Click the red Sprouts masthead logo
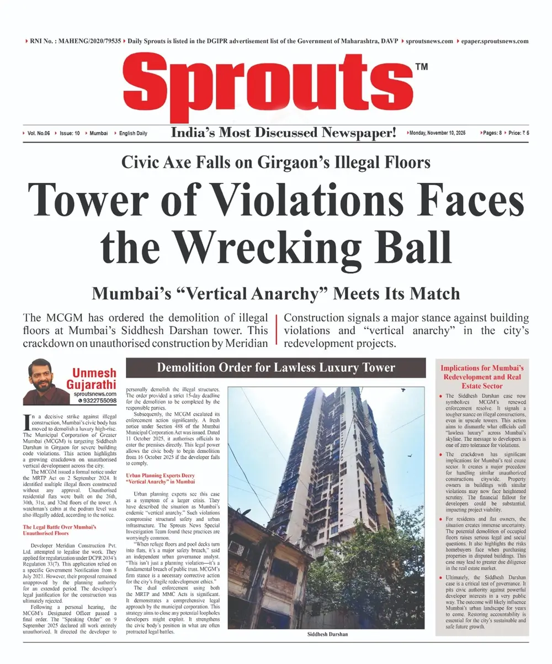point(267,88)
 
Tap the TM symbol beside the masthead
point(421,67)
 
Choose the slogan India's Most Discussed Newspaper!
point(284,133)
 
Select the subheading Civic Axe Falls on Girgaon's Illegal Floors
point(276,162)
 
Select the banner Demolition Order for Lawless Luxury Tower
point(276,367)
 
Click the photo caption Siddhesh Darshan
point(328,634)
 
